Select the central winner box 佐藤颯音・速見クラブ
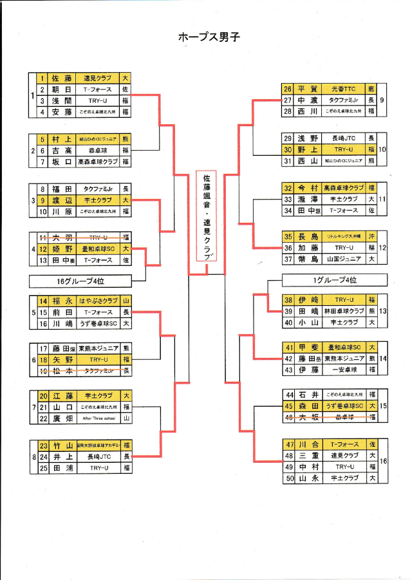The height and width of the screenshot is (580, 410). [x=206, y=216]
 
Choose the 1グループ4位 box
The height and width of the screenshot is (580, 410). [x=335, y=279]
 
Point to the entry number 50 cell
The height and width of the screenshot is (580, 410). [x=288, y=478]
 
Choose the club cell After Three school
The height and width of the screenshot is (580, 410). [x=98, y=418]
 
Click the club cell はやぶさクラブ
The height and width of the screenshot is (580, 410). [x=98, y=301]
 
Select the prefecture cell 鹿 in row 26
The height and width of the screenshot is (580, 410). [x=371, y=89]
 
